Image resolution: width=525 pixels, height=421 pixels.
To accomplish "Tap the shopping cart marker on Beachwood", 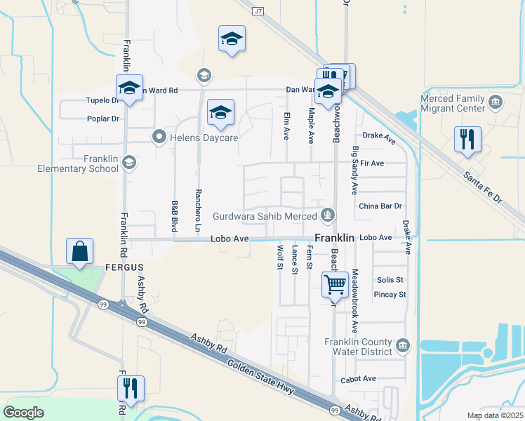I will (335, 285).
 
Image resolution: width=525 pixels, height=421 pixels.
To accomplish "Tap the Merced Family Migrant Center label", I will (453, 104).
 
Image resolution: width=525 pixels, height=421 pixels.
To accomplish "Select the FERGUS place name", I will (124, 267).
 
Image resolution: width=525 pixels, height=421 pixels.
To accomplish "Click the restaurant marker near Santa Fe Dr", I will (466, 138).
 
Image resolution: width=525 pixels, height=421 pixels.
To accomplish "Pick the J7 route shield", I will (259, 11).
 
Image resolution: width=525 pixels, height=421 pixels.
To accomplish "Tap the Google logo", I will (23, 412).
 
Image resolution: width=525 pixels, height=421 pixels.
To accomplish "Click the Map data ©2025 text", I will (494, 415).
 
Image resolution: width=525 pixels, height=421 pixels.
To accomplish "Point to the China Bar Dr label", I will (380, 206).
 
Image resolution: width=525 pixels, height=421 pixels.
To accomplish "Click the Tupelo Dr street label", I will (99, 100).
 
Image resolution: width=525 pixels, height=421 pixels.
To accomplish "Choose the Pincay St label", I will (392, 295).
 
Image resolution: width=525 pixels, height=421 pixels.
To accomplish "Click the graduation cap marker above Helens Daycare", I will (220, 112).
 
